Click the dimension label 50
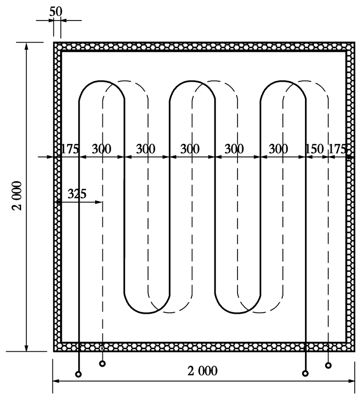pos(56,12)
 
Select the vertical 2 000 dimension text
pos(17,195)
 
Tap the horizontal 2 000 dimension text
pos(202,371)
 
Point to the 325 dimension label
pos(77,194)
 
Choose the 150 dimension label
pos(314,149)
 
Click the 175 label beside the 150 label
pos(338,149)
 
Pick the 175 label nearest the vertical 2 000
pos(70,149)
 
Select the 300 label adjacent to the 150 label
pos(278,149)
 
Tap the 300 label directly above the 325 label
pos(101,149)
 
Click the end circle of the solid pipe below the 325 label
pos(78,374)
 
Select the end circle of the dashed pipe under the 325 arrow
pos(102,364)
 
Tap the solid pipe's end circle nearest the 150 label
pos(305,373)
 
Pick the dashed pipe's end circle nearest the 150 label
pos(328,365)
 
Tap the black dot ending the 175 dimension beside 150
pos(349,157)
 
